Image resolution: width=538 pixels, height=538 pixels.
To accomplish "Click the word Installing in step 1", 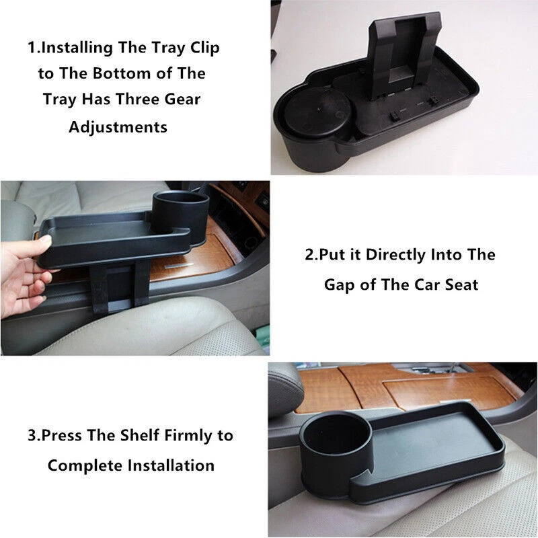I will click(80, 48).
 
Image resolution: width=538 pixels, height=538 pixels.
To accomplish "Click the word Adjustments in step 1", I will click(118, 126).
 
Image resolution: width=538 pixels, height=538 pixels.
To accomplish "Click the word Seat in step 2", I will click(461, 284).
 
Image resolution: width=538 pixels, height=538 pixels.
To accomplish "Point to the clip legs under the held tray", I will click(121, 286).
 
